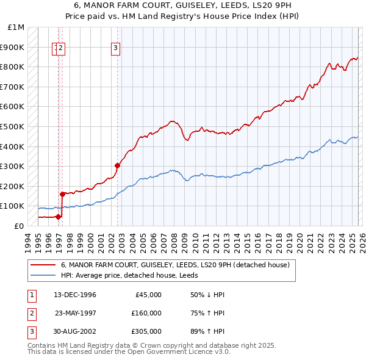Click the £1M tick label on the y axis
pos(16,27)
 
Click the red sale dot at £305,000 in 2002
pos(117,165)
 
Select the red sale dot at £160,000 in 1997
pos(62,194)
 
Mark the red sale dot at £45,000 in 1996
pos(58,217)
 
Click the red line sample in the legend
pos(43,265)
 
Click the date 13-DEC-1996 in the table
pos(75,295)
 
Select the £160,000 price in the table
pos(146,313)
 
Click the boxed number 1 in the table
pos(30,295)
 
